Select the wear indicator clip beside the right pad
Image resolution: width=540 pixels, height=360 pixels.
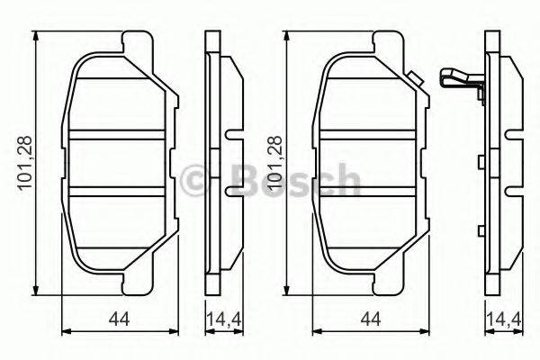pos(460,80)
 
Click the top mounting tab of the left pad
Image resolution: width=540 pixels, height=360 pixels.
pos(135,42)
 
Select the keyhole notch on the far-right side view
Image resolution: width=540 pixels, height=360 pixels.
pos(513,138)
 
